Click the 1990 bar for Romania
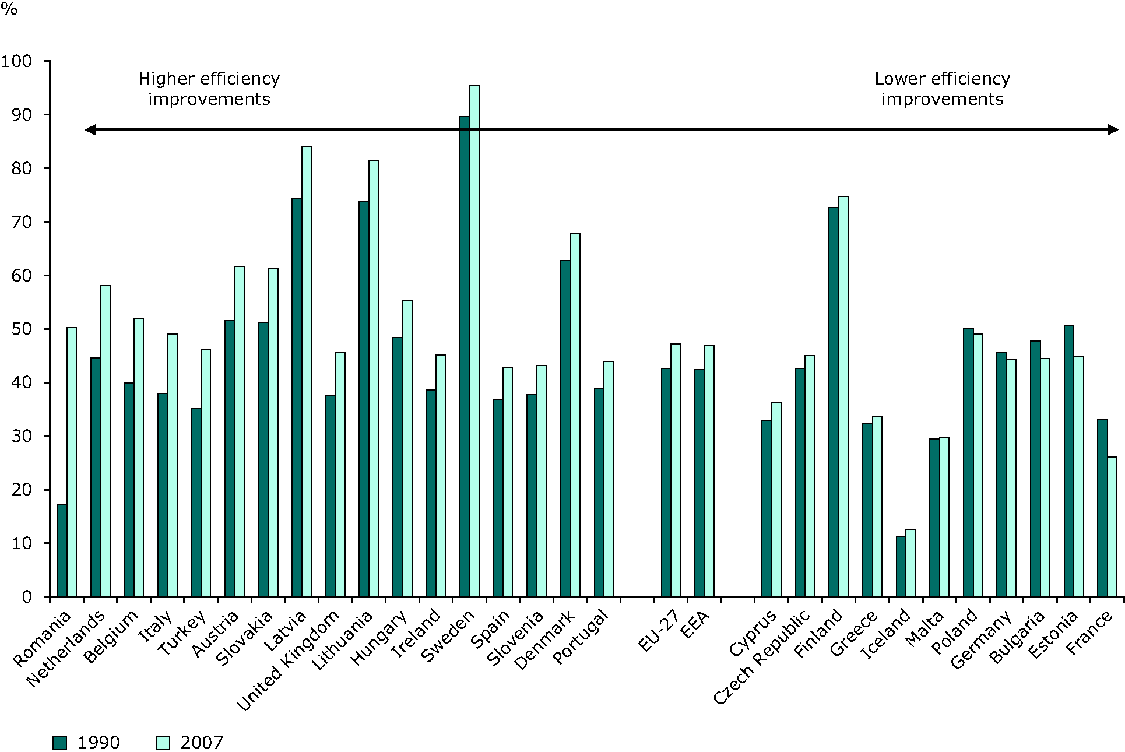click(62, 550)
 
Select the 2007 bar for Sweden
click(474, 340)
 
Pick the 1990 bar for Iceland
click(901, 566)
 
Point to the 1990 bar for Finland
click(834, 402)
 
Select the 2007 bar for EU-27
click(676, 470)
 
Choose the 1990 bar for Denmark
click(565, 428)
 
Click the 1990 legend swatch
click(59, 743)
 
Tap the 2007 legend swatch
click(163, 743)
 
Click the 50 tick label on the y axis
click(22, 329)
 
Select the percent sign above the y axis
click(9, 9)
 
